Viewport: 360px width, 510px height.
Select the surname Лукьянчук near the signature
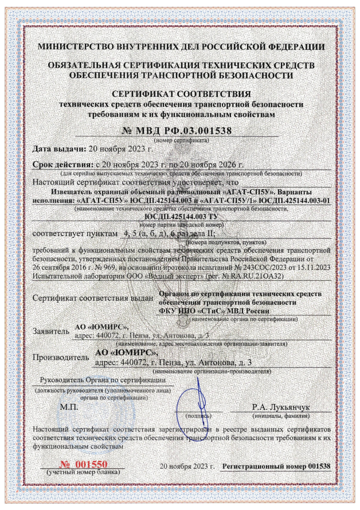(281, 407)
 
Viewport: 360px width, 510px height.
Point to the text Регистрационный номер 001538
(277, 466)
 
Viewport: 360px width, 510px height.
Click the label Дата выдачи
(57, 149)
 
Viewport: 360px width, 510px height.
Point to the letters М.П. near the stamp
(68, 407)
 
